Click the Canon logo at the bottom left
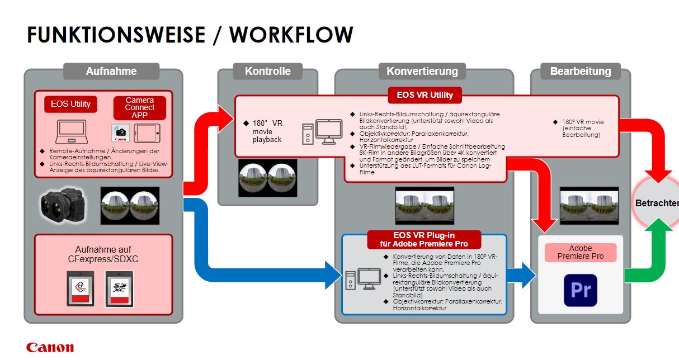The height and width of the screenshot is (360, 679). pyautogui.click(x=50, y=347)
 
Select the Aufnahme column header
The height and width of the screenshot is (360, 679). pyautogui.click(x=111, y=71)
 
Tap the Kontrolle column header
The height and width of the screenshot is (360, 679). pyautogui.click(x=267, y=71)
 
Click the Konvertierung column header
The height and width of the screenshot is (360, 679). pyautogui.click(x=422, y=71)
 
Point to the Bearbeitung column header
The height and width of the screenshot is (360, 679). pyautogui.click(x=580, y=71)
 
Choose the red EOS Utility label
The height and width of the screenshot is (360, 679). pyautogui.click(x=70, y=104)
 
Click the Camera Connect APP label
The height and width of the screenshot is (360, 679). pyautogui.click(x=139, y=108)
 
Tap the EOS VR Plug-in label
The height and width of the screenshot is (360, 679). pyautogui.click(x=423, y=239)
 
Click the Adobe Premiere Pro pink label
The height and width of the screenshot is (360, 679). pyautogui.click(x=581, y=252)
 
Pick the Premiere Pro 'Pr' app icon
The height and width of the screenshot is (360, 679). pyautogui.click(x=580, y=290)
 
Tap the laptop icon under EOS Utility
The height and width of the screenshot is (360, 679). pyautogui.click(x=71, y=131)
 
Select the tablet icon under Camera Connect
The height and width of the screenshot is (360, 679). pyautogui.click(x=145, y=132)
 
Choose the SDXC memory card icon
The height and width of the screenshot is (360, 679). pyautogui.click(x=118, y=287)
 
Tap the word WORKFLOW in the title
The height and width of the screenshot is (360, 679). pyautogui.click(x=291, y=35)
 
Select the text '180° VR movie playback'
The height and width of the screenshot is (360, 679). pyautogui.click(x=267, y=131)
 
